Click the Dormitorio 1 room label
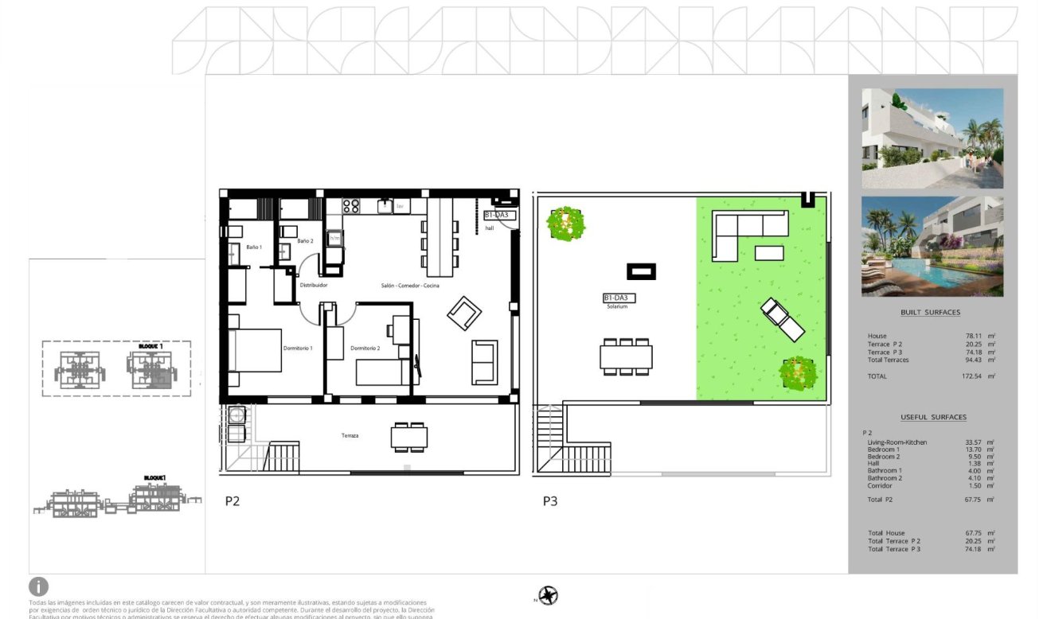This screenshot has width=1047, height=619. pos(298,348)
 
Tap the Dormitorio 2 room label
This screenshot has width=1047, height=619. pos(365,348)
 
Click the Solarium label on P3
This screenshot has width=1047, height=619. pos(617,306)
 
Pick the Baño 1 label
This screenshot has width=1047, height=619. pos(254,248)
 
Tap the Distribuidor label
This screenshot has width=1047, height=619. pos(314,285)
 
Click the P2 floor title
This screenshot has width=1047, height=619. pos(232,501)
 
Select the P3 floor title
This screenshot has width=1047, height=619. pos(550,501)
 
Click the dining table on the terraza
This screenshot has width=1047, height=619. pos(409,438)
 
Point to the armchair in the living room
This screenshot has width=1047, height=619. pos(463,313)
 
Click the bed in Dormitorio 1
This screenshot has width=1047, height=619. pos(255,350)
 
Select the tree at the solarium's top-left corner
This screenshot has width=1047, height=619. pos(565,224)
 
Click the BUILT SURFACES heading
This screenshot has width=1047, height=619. pos(930,313)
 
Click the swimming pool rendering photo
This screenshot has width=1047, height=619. pos(932,247)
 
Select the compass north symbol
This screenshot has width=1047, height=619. pos(548,595)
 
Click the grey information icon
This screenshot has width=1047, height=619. pos(38,587)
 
